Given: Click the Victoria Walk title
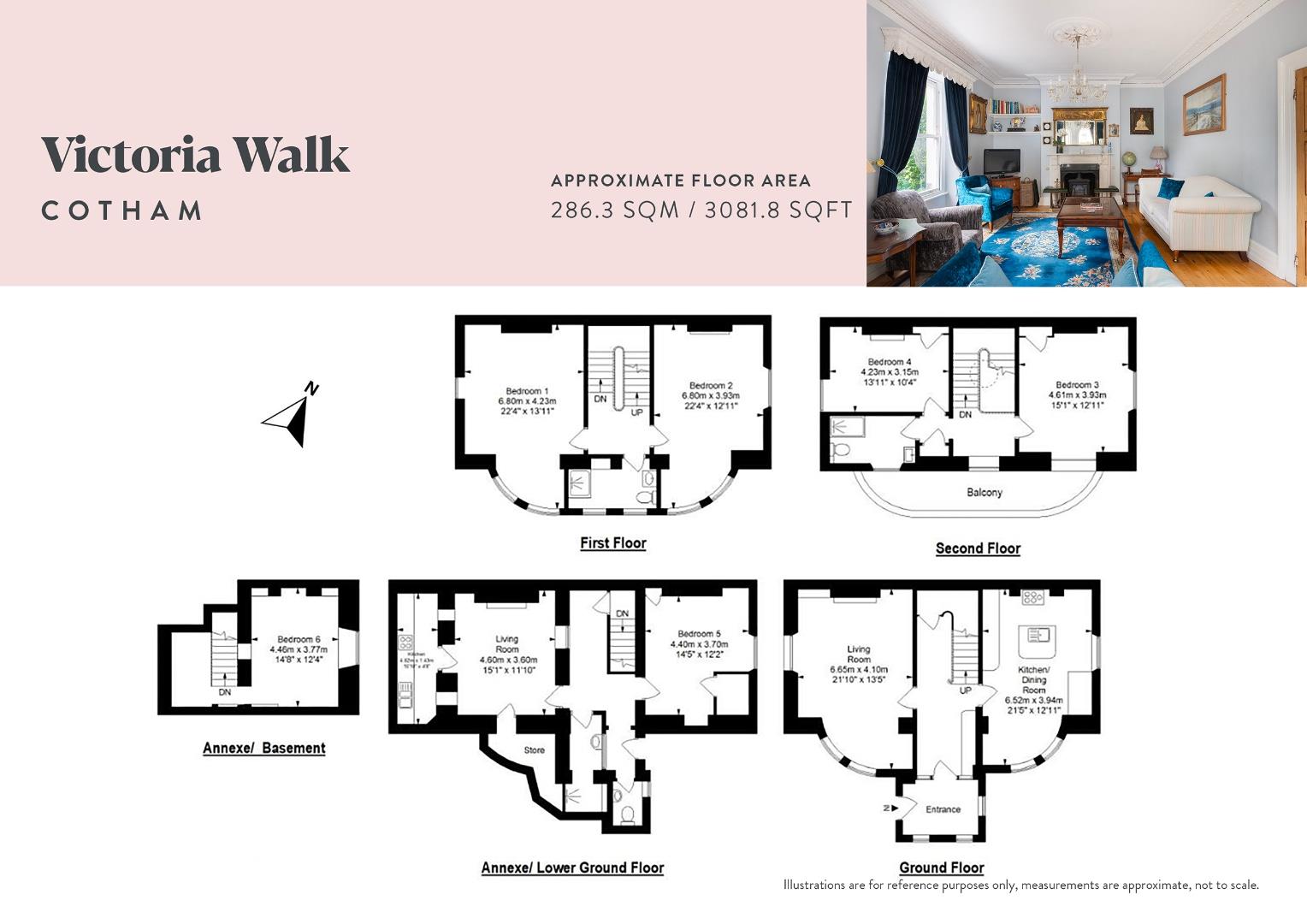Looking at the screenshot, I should [x=196, y=155].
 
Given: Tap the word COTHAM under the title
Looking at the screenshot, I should [x=122, y=210].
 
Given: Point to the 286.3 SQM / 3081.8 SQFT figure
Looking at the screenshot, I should [x=701, y=210].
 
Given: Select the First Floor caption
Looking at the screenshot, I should [x=612, y=543].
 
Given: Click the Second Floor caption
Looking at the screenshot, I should [x=978, y=548].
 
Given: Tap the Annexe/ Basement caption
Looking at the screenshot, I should [x=263, y=748].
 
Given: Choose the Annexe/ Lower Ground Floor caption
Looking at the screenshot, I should [x=572, y=868].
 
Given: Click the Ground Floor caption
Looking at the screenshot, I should [x=941, y=868].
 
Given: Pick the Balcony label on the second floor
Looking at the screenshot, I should [x=984, y=492].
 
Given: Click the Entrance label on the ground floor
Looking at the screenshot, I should [x=943, y=808].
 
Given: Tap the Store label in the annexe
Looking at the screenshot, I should [x=534, y=750].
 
